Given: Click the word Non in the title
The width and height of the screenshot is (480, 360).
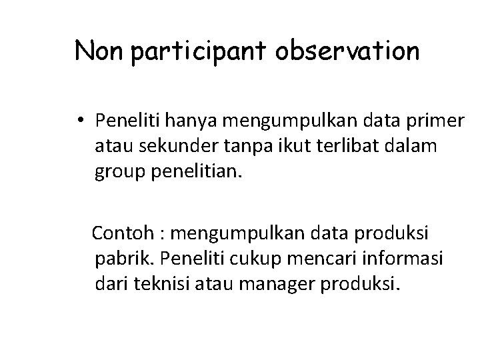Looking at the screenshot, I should tap(100, 51).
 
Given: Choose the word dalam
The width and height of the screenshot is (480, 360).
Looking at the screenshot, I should tap(416, 145).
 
